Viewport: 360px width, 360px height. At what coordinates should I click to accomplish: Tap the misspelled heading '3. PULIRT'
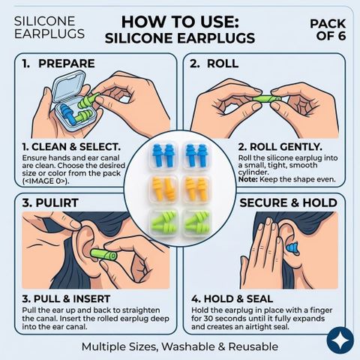[x=50, y=202]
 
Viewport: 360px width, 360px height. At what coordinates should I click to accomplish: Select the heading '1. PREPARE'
[x=58, y=64]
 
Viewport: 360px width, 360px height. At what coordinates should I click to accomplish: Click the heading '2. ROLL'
[x=214, y=64]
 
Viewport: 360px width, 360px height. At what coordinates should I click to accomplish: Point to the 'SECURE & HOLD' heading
[x=289, y=202]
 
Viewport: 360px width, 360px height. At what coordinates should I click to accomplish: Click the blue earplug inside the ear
[x=292, y=248]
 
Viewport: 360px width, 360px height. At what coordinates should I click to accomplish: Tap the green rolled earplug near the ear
[x=103, y=255]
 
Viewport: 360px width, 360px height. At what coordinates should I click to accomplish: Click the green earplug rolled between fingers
[x=266, y=99]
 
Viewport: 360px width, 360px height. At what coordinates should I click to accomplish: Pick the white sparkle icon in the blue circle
[x=340, y=340]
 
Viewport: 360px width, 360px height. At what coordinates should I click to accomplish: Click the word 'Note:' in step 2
[x=247, y=179]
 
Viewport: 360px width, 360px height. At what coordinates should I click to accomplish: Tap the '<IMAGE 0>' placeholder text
[x=46, y=181]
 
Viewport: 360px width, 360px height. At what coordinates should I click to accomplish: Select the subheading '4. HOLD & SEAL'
[x=232, y=299]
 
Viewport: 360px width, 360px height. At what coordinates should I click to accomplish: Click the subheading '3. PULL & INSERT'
[x=66, y=299]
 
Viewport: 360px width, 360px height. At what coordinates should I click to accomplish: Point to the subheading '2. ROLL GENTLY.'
[x=280, y=147]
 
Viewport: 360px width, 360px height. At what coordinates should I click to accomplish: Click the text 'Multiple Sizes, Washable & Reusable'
[x=180, y=346]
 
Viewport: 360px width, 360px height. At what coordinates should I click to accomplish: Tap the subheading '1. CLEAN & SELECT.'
[x=71, y=147]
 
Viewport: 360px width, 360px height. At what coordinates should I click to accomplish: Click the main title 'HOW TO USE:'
[x=180, y=22]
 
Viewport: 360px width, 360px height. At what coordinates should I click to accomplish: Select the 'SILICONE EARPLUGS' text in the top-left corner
[x=49, y=28]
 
